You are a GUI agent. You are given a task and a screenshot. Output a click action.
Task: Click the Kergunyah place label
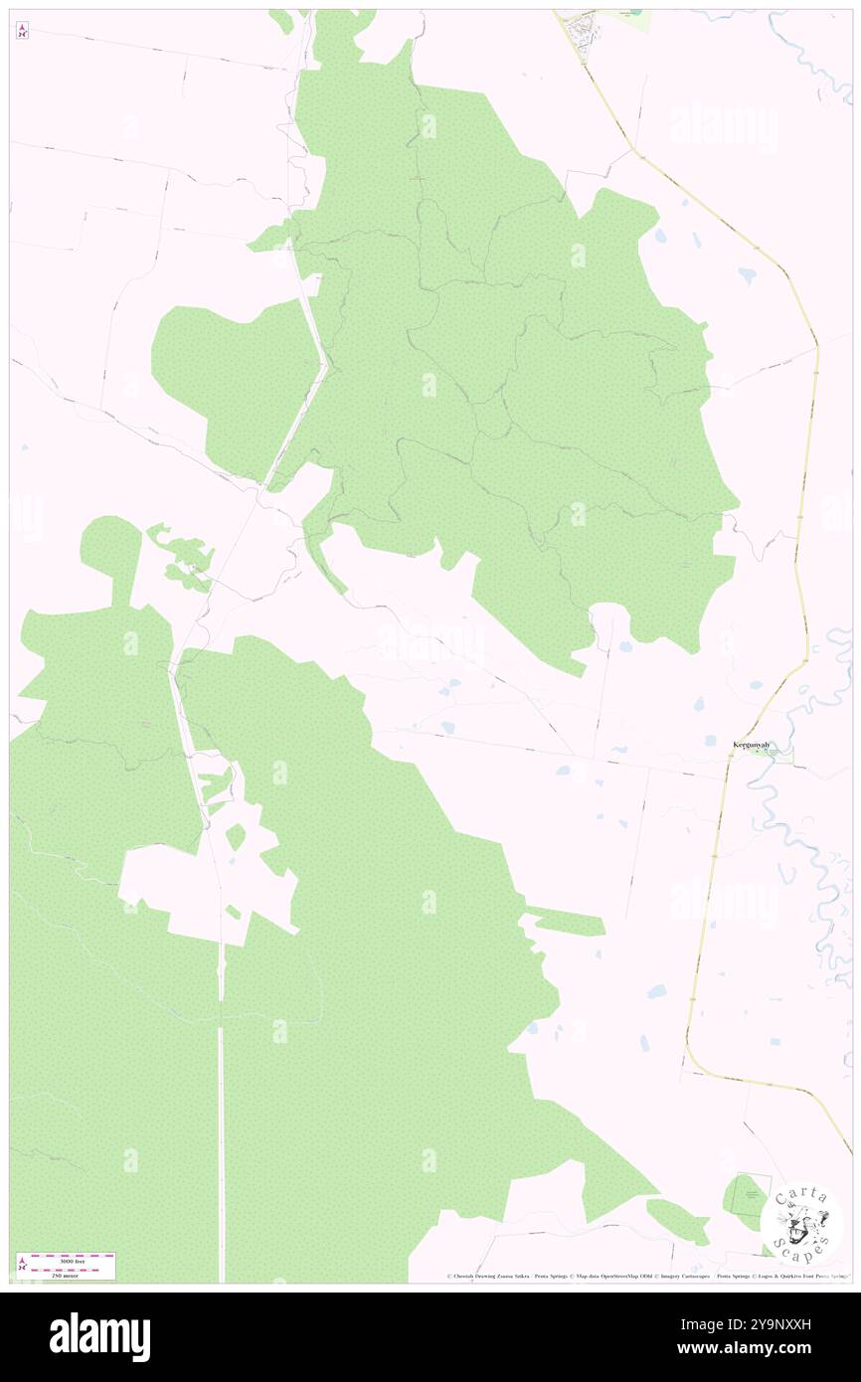click(x=752, y=744)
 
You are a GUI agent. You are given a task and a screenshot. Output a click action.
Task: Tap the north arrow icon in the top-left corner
click(x=22, y=32)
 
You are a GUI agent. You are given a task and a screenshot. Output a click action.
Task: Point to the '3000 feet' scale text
click(x=73, y=1260)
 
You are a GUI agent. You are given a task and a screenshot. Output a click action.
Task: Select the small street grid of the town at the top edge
click(x=582, y=32)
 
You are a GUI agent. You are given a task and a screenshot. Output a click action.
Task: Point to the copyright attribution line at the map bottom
click(x=646, y=1276)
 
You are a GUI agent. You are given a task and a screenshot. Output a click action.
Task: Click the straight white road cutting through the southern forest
click(x=221, y=1114)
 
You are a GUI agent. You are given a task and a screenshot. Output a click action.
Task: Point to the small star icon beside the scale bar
click(x=22, y=1265)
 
